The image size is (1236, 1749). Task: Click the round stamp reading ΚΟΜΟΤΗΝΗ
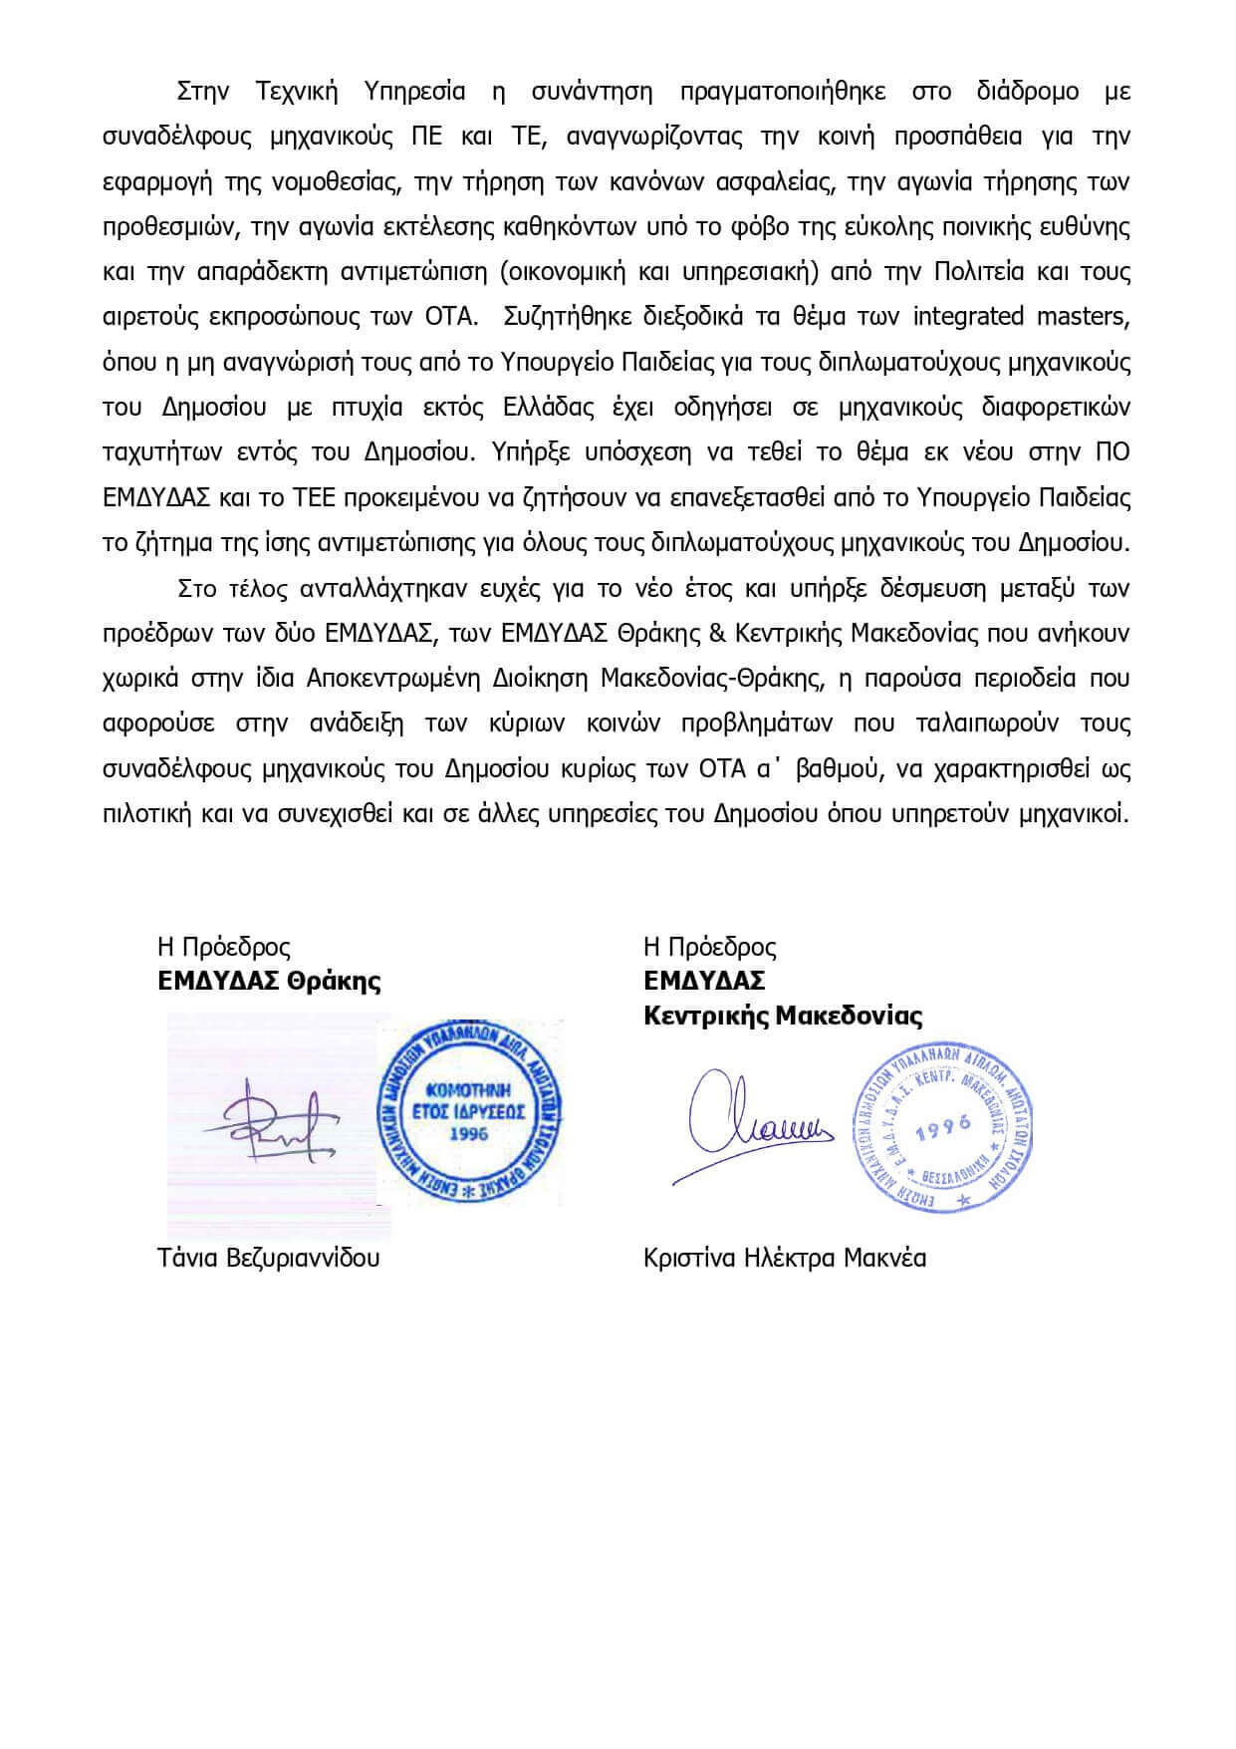point(468,1110)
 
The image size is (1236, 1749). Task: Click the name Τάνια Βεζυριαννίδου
point(268,1258)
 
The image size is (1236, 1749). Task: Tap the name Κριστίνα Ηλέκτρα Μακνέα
point(785,1258)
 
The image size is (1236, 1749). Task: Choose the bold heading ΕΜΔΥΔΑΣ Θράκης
point(269,981)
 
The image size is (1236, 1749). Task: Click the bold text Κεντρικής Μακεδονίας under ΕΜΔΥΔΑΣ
point(783,1017)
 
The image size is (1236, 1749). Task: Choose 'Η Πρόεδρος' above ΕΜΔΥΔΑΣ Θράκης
point(223,946)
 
